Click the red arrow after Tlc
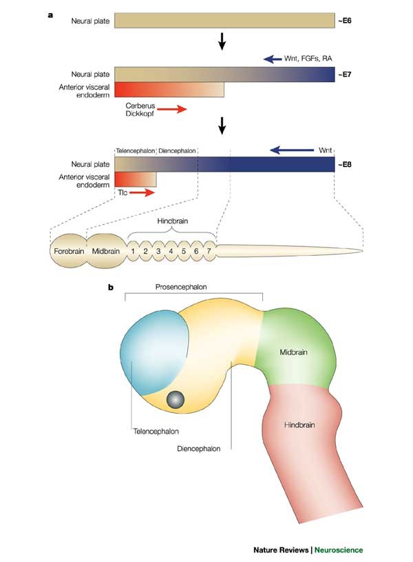pyautogui.click(x=142, y=194)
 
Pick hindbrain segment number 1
pyautogui.click(x=134, y=252)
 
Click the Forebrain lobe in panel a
pyautogui.click(x=69, y=252)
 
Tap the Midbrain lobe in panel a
pyautogui.click(x=106, y=252)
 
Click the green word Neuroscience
pyautogui.click(x=339, y=550)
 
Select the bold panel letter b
pyautogui.click(x=110, y=283)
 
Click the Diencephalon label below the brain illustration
pyautogui.click(x=198, y=448)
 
